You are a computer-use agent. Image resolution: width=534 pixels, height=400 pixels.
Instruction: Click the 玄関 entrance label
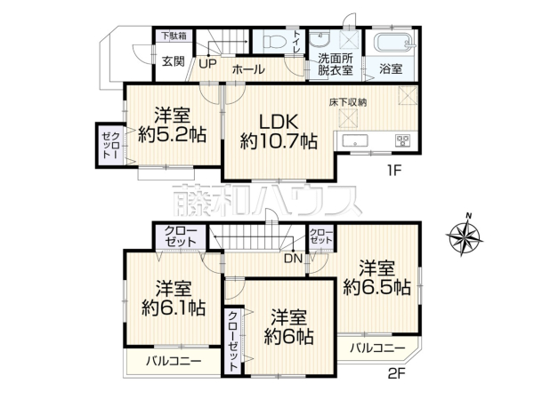coord(174,61)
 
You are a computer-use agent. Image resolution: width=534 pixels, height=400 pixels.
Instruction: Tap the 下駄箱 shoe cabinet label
coord(174,36)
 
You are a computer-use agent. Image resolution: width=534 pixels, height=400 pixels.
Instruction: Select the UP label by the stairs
coord(207,63)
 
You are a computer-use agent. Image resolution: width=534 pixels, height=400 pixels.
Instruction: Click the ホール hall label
coord(247,68)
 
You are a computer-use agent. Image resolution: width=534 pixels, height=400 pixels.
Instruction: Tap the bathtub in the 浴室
coord(392,43)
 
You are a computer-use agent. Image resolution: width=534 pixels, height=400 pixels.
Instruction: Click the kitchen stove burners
coord(401,140)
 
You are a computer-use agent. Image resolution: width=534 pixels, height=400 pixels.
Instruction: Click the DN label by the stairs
coord(292,260)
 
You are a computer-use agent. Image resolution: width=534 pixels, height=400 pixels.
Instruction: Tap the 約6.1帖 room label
coord(174,298)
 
